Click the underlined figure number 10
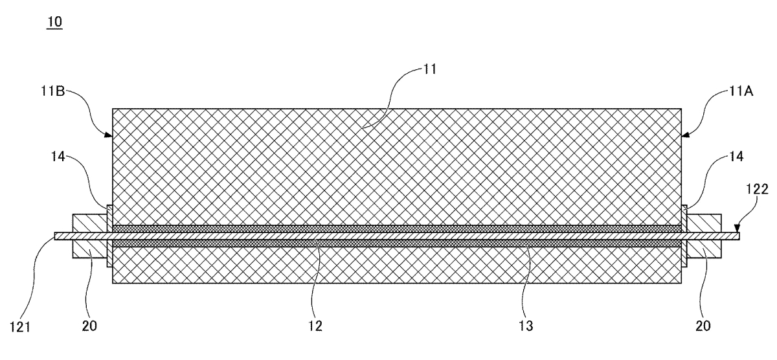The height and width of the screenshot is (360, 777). click(54, 22)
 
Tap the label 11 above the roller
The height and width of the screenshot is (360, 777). click(430, 69)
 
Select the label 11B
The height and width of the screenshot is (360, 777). click(52, 91)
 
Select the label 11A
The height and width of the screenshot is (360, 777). click(741, 91)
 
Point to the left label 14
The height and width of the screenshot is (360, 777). click(58, 157)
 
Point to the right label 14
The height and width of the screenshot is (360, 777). click(736, 157)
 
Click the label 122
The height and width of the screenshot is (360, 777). click(757, 189)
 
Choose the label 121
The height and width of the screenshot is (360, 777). click(20, 327)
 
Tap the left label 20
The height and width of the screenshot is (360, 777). click(89, 326)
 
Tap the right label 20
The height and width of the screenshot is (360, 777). click(703, 326)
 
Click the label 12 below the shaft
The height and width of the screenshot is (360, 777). click(315, 326)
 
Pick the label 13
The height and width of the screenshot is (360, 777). click(526, 326)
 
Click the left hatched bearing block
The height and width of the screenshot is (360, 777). click(90, 236)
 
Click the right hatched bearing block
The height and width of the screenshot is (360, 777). click(704, 236)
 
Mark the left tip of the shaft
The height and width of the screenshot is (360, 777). click(55, 236)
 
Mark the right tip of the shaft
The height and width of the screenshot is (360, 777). click(739, 236)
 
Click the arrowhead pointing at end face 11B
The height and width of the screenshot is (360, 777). click(109, 135)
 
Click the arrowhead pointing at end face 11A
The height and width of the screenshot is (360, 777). click(686, 135)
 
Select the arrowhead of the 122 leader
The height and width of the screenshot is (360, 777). click(737, 229)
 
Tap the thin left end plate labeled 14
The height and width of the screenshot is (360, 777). click(109, 236)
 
